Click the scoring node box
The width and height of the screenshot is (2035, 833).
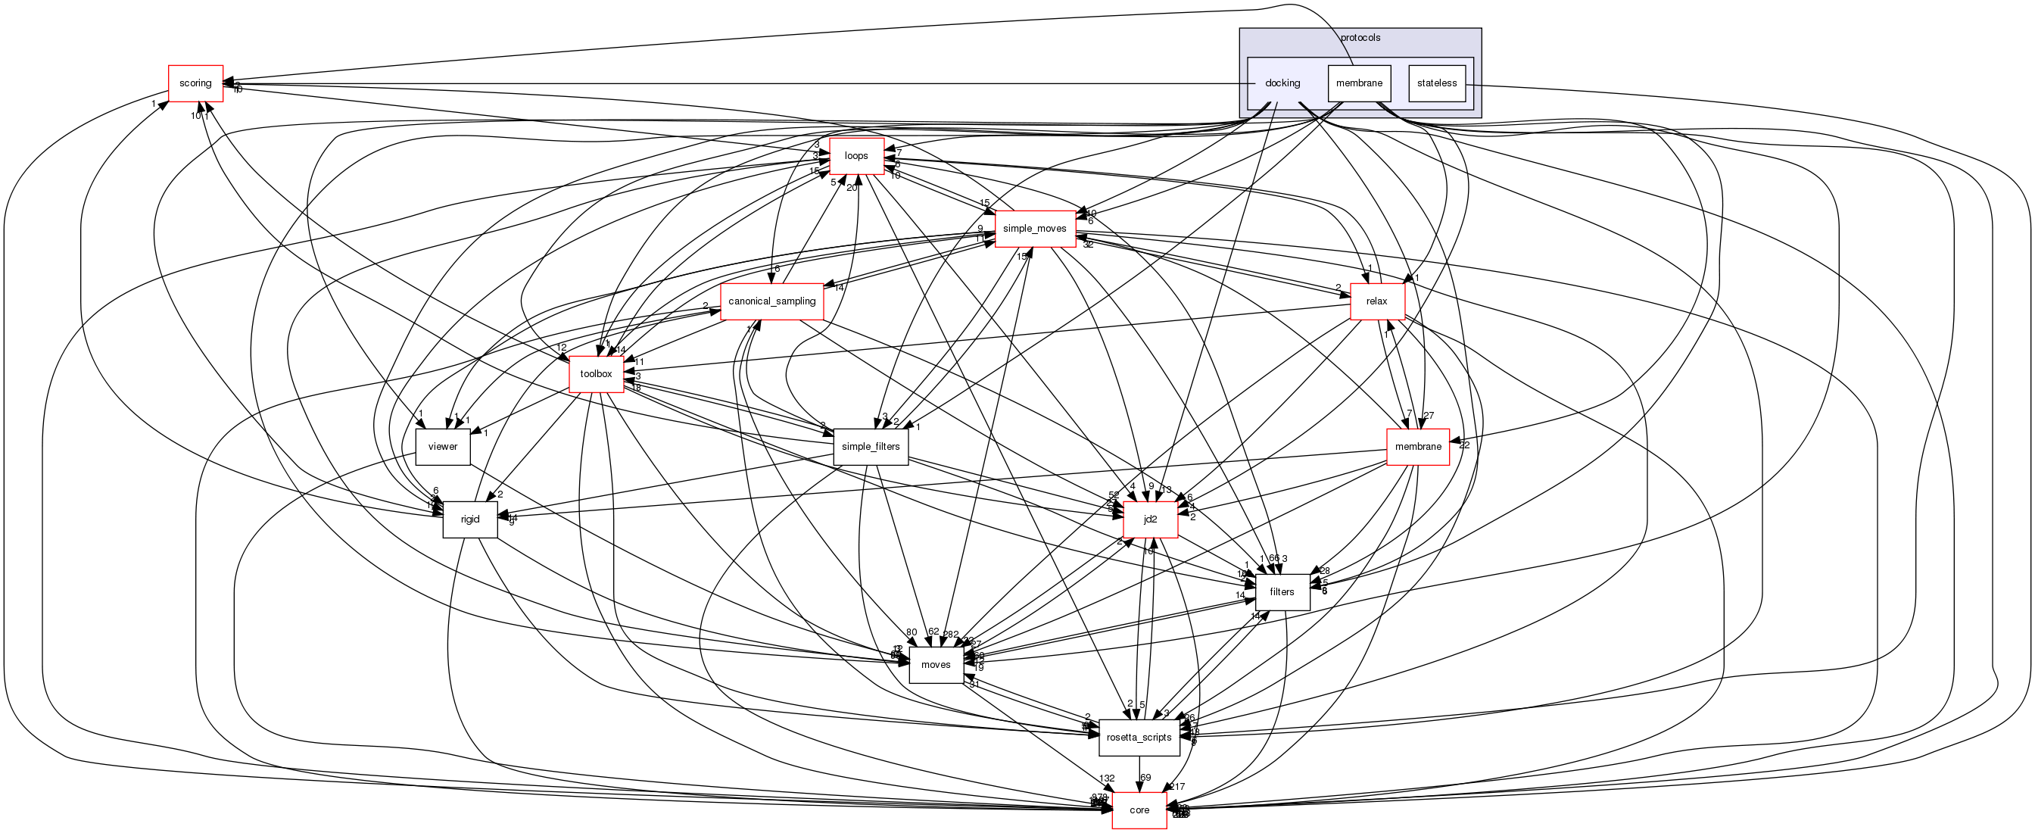tap(195, 83)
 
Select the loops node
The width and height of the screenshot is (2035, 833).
tap(855, 156)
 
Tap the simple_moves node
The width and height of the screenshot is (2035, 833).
tap(1034, 229)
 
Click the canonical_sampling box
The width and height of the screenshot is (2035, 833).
tap(771, 301)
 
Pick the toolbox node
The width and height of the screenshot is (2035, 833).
tap(596, 374)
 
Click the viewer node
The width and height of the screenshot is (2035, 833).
tap(442, 447)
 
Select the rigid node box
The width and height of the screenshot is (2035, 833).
tap(470, 519)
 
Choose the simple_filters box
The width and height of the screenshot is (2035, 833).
tap(871, 447)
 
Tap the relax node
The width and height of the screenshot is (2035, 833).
tap(1377, 301)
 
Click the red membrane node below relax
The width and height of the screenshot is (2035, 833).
tap(1418, 447)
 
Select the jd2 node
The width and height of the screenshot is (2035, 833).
tap(1150, 519)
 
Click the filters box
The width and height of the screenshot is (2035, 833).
tap(1282, 592)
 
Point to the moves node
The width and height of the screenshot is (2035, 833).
tap(935, 665)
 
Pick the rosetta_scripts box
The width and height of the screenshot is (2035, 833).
tap(1139, 738)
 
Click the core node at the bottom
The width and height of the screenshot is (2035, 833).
tap(1139, 810)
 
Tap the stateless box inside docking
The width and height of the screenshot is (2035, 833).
tap(1437, 83)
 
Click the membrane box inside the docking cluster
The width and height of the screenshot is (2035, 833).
tap(1359, 83)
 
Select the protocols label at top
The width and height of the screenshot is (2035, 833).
tap(1360, 38)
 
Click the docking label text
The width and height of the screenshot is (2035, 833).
tap(1282, 83)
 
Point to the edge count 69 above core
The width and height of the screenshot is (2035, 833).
tap(1145, 778)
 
